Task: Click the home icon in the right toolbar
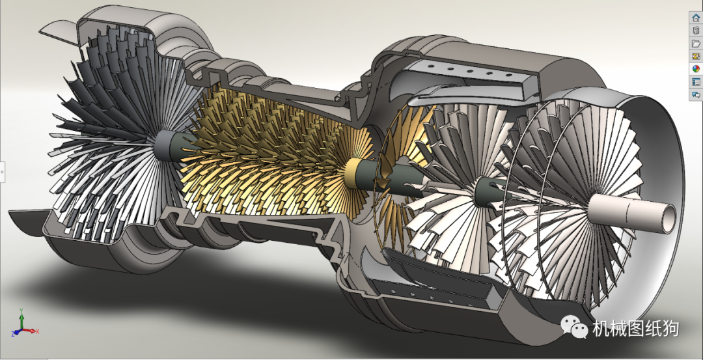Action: pyautogui.click(x=696, y=18)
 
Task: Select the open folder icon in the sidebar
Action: pyautogui.click(x=696, y=43)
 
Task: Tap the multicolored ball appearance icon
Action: pyautogui.click(x=696, y=68)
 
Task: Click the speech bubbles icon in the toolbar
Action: pyautogui.click(x=696, y=94)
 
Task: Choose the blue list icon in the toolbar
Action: pyautogui.click(x=696, y=82)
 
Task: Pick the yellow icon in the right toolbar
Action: pyautogui.click(x=696, y=56)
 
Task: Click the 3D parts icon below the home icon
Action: pyautogui.click(x=696, y=30)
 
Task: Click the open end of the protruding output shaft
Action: pyautogui.click(x=667, y=218)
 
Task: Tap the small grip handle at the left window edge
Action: pyautogui.click(x=2, y=171)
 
